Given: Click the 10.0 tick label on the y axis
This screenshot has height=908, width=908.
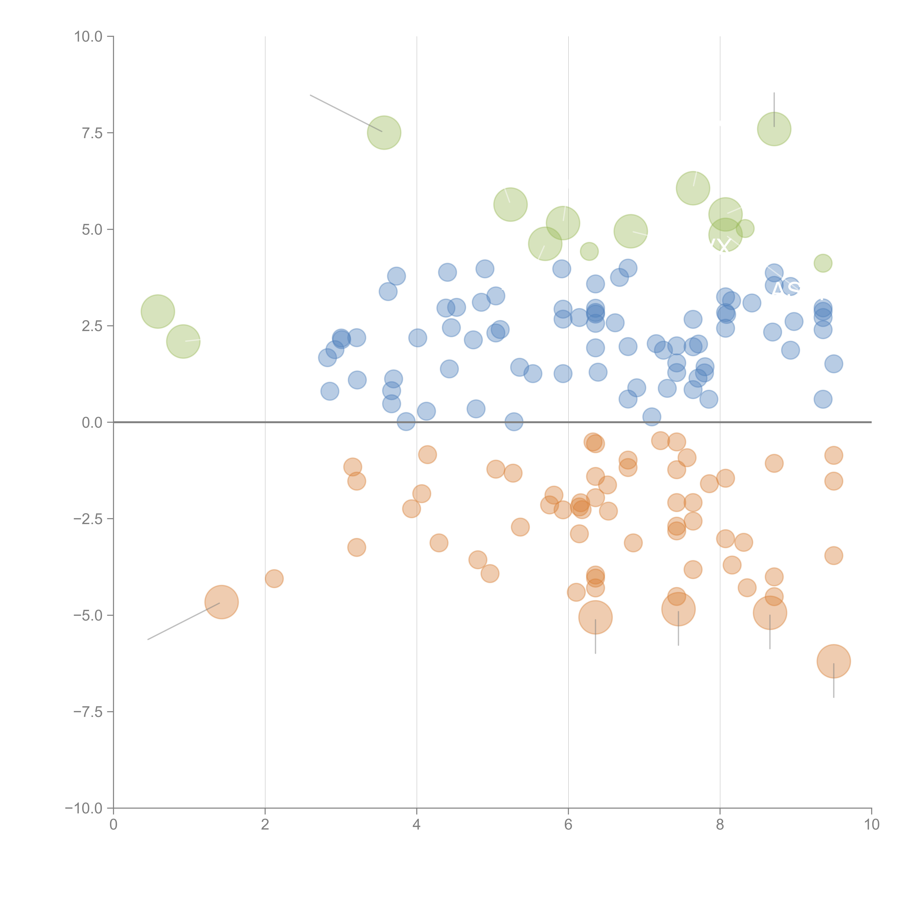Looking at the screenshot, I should pyautogui.click(x=88, y=37).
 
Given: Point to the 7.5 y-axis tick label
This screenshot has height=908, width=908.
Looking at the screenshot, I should pyautogui.click(x=92, y=133).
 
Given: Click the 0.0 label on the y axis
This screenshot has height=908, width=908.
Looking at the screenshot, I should pyautogui.click(x=92, y=423).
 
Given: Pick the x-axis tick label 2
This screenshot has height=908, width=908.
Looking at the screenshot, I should pyautogui.click(x=265, y=825).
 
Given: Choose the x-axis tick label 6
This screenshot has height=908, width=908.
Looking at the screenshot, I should pyautogui.click(x=568, y=825).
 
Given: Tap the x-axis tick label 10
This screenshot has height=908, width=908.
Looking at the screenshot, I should pyautogui.click(x=871, y=825).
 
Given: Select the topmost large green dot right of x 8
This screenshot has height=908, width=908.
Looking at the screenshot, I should pyautogui.click(x=774, y=129).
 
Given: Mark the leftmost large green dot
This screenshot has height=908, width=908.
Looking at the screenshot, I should pyautogui.click(x=158, y=312).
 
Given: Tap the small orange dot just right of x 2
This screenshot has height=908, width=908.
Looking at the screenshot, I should pyautogui.click(x=274, y=579).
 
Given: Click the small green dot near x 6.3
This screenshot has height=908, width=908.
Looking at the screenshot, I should pyautogui.click(x=589, y=252).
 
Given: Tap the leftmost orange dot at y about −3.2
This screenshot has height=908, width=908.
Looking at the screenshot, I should pyautogui.click(x=357, y=548).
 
